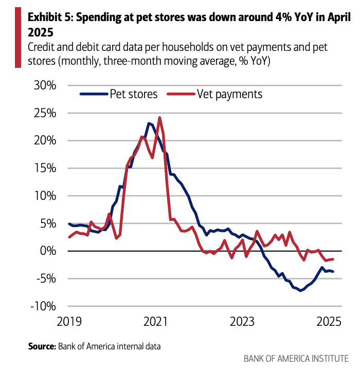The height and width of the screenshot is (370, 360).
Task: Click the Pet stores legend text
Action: click(x=133, y=94)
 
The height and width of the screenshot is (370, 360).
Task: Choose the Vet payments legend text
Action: click(x=229, y=94)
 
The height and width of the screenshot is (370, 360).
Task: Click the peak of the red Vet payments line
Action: click(x=159, y=118)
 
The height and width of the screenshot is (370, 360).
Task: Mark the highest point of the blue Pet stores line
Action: click(x=149, y=123)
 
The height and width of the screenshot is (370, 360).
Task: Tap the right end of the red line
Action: click(x=333, y=260)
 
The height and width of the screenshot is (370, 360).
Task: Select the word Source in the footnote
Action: click(x=41, y=346)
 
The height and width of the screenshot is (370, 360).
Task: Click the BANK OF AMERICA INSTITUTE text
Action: click(x=296, y=358)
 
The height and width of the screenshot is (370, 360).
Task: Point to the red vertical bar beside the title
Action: click(x=18, y=39)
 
